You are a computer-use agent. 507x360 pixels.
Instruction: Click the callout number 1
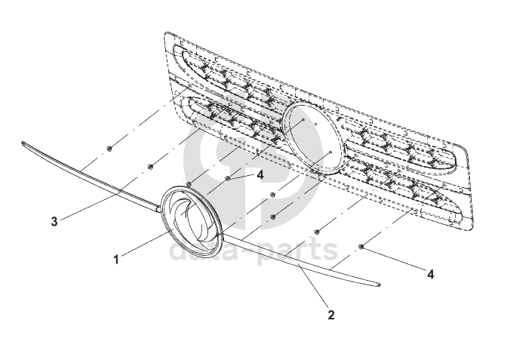116,260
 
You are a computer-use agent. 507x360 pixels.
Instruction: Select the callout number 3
54,221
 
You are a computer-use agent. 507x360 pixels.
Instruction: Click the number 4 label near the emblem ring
260,174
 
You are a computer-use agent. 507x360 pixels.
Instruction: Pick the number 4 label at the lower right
431,275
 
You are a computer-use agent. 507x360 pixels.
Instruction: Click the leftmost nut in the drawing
109,148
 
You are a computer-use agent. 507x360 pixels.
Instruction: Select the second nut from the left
150,167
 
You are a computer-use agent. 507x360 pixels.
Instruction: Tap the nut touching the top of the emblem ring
188,184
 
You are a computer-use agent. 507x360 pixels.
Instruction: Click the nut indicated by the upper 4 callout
227,179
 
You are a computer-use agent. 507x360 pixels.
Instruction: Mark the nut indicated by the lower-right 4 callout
362,247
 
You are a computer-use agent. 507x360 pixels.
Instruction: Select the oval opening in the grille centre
312,139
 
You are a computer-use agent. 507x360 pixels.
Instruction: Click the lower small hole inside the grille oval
330,152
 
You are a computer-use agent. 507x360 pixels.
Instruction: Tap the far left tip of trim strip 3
24,143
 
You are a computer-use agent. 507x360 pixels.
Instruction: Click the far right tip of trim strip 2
379,285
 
